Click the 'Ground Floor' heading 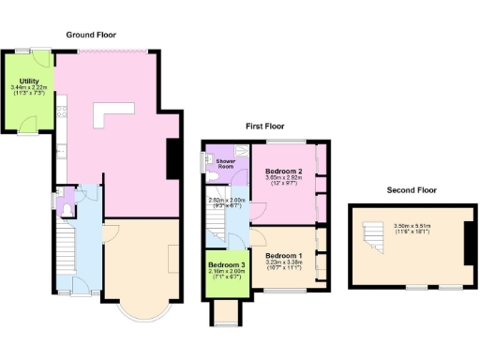point(91,35)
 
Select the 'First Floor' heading point(265,126)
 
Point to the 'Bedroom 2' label point(283,172)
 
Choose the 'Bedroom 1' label point(283,255)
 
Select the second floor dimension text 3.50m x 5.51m point(413,227)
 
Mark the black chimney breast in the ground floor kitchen point(172,157)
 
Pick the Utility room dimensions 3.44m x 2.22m point(28,91)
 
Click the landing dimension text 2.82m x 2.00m point(226,202)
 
